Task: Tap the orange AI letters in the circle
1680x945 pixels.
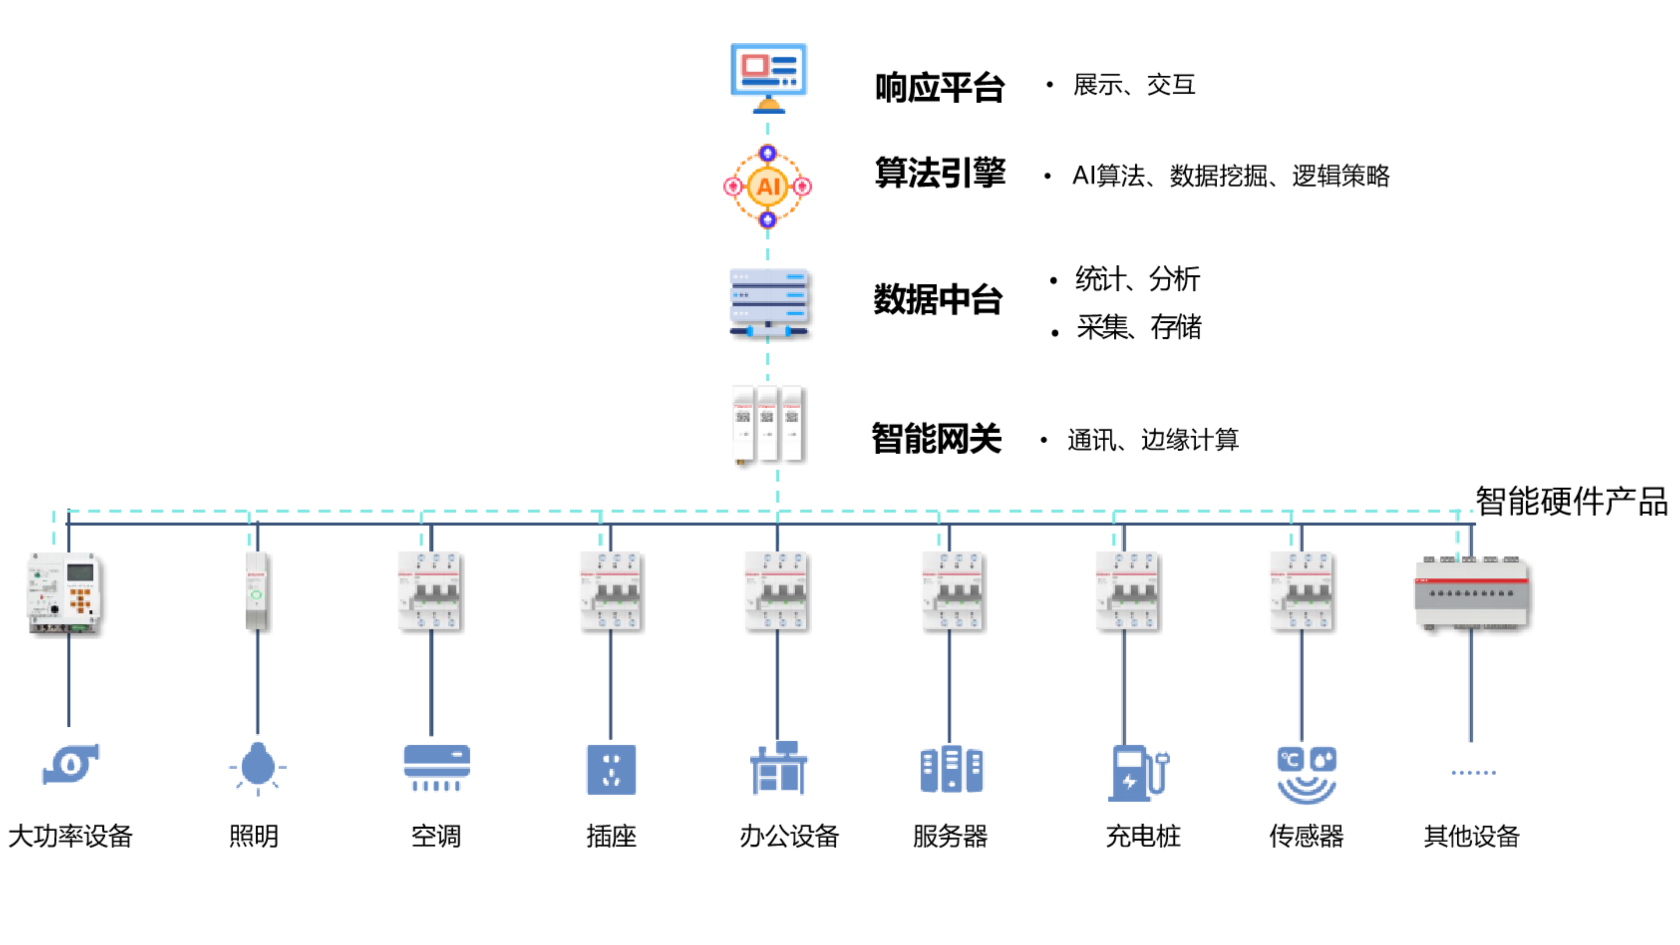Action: click(768, 186)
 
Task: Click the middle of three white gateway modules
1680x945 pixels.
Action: click(766, 422)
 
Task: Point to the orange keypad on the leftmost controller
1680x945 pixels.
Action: click(80, 600)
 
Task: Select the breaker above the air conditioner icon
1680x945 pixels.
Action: click(428, 590)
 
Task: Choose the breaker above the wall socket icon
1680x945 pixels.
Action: click(609, 590)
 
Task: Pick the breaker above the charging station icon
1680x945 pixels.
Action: click(1126, 590)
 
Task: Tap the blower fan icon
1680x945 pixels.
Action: click(70, 763)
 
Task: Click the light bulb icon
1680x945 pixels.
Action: click(258, 767)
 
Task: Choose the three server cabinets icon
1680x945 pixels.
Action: click(952, 769)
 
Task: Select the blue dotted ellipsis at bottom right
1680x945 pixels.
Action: click(1473, 773)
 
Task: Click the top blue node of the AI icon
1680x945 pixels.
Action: click(768, 153)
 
